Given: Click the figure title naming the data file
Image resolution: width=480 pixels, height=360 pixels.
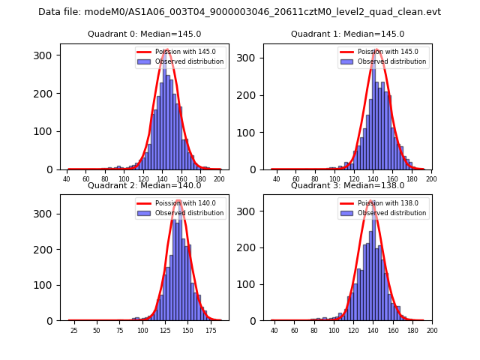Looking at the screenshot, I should pyautogui.click(x=239, y=12).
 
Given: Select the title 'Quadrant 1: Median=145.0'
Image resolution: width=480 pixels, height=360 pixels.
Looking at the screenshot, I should pyautogui.click(x=347, y=34).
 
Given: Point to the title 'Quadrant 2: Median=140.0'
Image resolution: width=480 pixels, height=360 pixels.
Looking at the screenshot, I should pyautogui.click(x=145, y=185).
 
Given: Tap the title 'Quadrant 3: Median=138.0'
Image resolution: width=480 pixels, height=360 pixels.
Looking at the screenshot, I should pyautogui.click(x=347, y=185).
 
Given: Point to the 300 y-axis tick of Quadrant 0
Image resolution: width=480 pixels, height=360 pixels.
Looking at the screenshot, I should pyautogui.click(x=46, y=55).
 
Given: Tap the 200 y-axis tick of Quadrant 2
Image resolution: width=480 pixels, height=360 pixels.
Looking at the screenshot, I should pyautogui.click(x=46, y=249).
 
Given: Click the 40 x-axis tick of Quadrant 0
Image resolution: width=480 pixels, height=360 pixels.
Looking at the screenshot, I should pyautogui.click(x=67, y=178).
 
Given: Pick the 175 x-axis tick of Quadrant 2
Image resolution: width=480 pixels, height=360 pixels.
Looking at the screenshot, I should pyautogui.click(x=211, y=330).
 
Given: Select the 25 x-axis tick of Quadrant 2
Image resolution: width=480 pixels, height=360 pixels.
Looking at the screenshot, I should pyautogui.click(x=73, y=330).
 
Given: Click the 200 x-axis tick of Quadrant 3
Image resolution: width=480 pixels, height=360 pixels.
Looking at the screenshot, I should pyautogui.click(x=431, y=330).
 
